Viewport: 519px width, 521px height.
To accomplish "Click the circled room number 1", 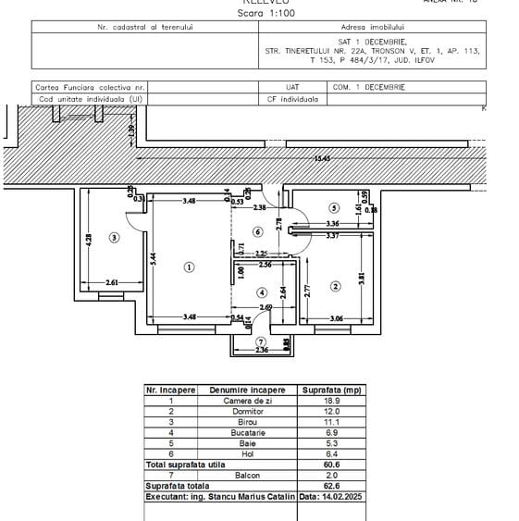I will (x=189, y=267).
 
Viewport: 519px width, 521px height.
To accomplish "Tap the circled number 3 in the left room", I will (x=114, y=237).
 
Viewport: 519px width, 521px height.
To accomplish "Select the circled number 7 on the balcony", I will (x=261, y=341).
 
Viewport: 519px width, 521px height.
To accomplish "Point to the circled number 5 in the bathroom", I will (x=334, y=208).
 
